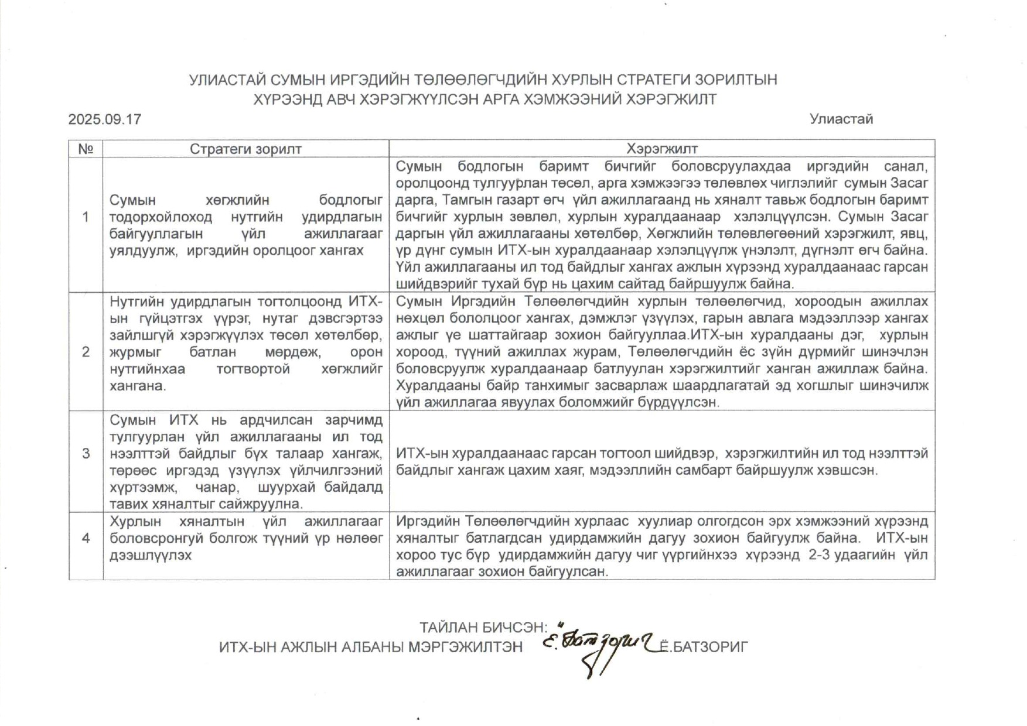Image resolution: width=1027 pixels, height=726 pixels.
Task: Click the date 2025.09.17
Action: (x=105, y=119)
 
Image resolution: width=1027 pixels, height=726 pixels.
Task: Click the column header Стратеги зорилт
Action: (x=245, y=149)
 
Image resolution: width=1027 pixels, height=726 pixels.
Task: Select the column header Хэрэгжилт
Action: (x=662, y=149)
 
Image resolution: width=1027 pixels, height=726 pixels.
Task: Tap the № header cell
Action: (x=86, y=149)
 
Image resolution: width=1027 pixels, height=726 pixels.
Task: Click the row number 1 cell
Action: (x=86, y=217)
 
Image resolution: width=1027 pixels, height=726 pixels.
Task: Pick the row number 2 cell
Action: (x=86, y=352)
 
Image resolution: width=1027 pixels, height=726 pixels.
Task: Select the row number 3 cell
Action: (x=86, y=454)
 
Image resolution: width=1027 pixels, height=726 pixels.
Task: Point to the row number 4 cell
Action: (x=86, y=538)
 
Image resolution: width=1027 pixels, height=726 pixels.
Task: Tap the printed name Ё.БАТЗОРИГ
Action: (x=704, y=647)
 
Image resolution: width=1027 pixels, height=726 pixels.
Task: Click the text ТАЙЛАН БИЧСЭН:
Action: (x=483, y=628)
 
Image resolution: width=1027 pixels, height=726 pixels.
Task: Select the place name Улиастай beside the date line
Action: (x=841, y=119)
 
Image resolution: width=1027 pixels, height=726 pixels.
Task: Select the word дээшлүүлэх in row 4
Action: (x=151, y=555)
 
